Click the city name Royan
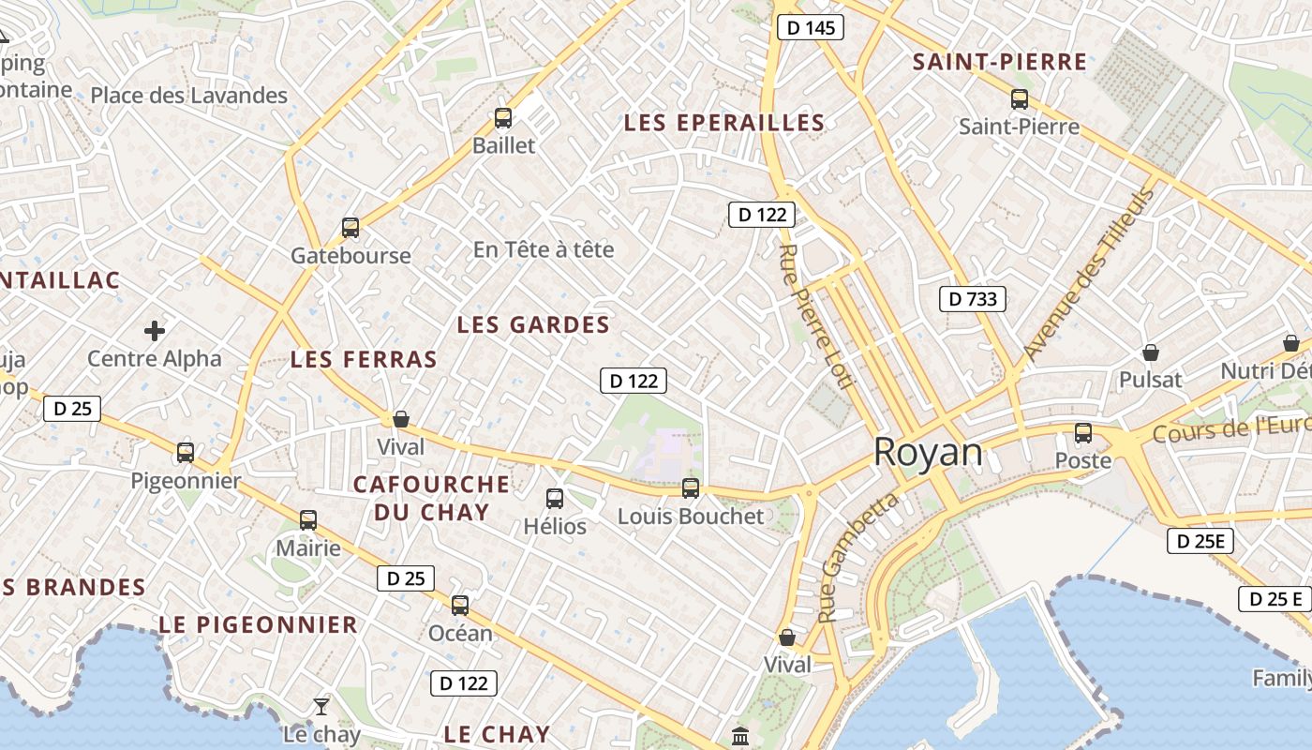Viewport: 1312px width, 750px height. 928,453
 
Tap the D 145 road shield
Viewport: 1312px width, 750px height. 811,28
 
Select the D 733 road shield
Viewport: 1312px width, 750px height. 973,299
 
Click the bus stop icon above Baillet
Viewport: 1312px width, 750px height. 503,118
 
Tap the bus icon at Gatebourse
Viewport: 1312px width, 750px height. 350,228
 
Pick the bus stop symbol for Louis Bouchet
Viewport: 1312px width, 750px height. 691,487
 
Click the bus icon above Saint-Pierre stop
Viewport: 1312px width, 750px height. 1020,99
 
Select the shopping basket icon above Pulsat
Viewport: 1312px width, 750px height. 1150,352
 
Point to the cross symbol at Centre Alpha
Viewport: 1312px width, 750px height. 155,331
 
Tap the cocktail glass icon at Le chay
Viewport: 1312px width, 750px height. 321,706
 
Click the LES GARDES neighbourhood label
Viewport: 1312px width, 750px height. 533,325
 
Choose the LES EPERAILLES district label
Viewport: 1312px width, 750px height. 724,123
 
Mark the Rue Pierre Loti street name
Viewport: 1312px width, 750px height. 816,316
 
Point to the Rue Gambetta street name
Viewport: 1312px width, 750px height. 857,557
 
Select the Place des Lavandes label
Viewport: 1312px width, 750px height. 188,96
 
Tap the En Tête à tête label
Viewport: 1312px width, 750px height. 544,249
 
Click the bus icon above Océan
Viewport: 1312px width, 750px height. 460,606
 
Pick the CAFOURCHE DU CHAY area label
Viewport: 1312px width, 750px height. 432,498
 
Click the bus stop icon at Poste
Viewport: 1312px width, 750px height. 1083,433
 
